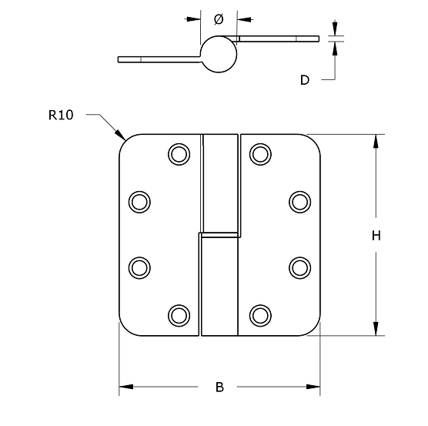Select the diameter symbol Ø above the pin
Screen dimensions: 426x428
[218, 18]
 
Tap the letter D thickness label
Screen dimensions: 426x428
[305, 79]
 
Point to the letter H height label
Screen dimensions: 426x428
[376, 236]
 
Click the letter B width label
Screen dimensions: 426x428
[219, 387]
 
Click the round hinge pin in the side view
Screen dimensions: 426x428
[219, 54]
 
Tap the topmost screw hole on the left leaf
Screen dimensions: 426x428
[179, 154]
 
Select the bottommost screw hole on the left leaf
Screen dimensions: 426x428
[179, 314]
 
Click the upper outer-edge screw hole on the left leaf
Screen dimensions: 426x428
[139, 201]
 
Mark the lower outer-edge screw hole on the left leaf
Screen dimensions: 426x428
[139, 267]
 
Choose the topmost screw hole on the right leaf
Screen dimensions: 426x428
[260, 154]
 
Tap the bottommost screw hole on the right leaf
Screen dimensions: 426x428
[260, 314]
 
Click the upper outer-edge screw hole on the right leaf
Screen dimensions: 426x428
[299, 201]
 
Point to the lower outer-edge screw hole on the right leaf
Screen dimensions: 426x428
[299, 267]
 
